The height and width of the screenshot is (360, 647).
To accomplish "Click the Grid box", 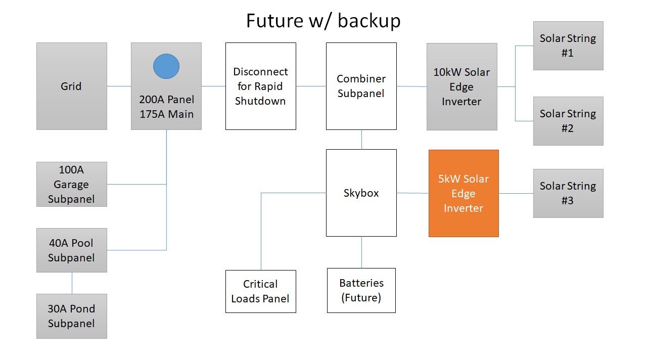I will click(x=71, y=86).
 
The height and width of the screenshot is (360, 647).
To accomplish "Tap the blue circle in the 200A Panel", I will click(x=166, y=66).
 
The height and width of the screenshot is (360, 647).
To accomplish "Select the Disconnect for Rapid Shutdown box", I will click(x=260, y=86).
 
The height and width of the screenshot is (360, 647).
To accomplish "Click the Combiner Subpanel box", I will click(x=361, y=86).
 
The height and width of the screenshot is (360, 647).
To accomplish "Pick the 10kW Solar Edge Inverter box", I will click(x=461, y=86).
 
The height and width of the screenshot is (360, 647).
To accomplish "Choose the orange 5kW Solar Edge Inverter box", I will click(x=464, y=193).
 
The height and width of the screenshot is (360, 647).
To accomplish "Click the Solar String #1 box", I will click(x=568, y=46).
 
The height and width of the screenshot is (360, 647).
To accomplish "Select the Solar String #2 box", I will click(x=568, y=121).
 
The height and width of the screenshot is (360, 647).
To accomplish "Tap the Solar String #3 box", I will click(x=568, y=193).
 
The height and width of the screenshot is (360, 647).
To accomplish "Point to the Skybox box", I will click(x=361, y=193).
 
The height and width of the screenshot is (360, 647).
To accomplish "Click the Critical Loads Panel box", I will click(x=260, y=291).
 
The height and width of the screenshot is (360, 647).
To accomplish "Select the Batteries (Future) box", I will click(x=361, y=290).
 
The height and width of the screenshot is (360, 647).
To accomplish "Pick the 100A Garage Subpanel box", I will click(x=71, y=184).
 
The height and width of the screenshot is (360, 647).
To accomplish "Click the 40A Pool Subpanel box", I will click(x=71, y=250).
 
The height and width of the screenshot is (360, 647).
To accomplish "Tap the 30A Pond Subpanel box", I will click(x=71, y=316).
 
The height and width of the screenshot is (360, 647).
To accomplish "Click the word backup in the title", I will click(x=369, y=21).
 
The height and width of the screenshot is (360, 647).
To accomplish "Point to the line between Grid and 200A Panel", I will click(x=119, y=86).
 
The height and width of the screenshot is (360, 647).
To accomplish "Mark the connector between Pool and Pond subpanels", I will click(x=72, y=283).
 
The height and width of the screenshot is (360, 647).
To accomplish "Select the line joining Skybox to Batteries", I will click(x=361, y=252).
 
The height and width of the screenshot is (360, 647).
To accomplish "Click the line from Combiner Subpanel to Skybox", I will click(x=361, y=140).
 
